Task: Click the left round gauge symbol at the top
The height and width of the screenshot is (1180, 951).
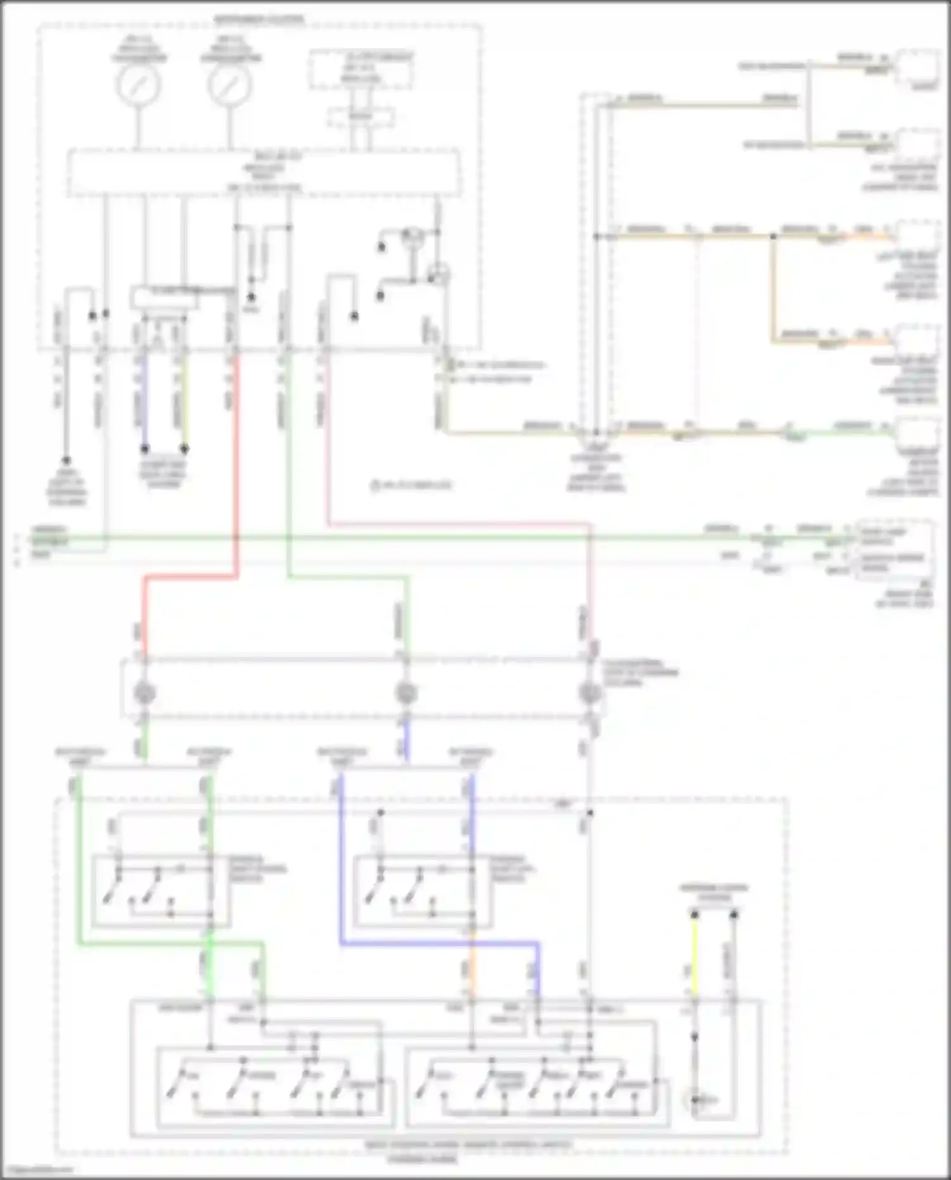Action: (x=138, y=85)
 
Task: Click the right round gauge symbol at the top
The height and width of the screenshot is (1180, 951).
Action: (x=230, y=85)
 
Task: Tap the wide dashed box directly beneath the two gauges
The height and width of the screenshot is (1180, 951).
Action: (x=264, y=172)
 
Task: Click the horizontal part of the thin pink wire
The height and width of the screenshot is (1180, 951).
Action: (x=456, y=524)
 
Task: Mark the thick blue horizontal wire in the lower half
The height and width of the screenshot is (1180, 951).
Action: (x=437, y=943)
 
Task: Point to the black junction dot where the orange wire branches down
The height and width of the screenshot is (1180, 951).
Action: (x=773, y=237)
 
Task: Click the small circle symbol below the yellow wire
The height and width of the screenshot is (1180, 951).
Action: (x=694, y=1100)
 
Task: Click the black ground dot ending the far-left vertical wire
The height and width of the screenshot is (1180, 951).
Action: (x=66, y=461)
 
